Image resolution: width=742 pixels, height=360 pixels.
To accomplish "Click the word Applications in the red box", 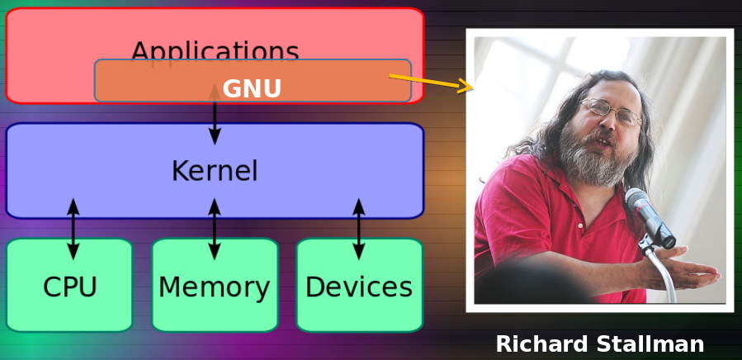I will [215, 51].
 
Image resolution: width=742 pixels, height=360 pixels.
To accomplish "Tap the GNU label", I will [252, 89].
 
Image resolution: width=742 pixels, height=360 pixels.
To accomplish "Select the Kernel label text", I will [215, 172].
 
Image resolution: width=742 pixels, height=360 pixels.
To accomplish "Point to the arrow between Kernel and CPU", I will [73, 229].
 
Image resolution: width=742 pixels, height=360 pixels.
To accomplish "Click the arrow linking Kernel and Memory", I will [215, 229].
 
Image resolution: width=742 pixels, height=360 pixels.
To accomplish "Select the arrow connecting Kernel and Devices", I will [358, 229].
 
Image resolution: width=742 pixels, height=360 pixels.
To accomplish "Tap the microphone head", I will [640, 204].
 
